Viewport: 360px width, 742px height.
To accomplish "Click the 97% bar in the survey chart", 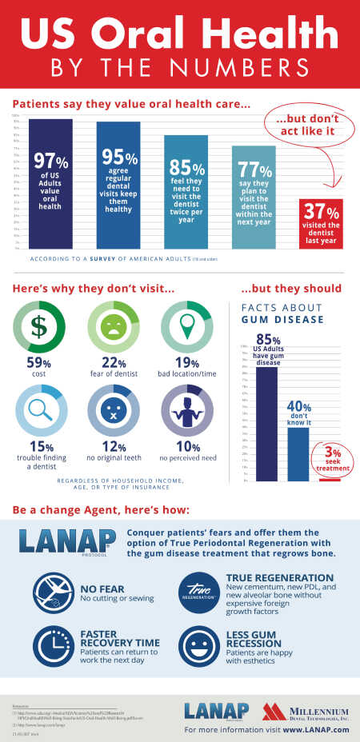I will [50, 184].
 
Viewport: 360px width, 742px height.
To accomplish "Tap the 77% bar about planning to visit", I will [254, 197].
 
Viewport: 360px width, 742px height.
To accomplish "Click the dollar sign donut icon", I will [38, 328].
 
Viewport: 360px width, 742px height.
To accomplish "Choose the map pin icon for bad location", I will [184, 328].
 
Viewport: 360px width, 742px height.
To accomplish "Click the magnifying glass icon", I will [38, 409].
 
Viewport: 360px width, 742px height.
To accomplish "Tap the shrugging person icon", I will [184, 409].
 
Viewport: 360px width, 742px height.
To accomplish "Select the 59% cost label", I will [38, 369].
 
